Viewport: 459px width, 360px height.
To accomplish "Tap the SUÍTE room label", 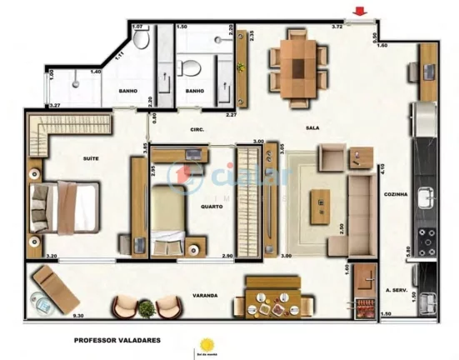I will coord(91,157).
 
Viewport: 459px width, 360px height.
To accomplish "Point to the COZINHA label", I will coord(396,194).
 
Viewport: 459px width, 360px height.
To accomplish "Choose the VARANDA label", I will coord(204,295).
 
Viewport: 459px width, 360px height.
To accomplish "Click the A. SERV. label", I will coord(395,291).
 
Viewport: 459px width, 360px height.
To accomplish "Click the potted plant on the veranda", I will coord(147,308).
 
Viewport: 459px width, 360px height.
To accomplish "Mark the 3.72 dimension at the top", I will coord(337,27).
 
